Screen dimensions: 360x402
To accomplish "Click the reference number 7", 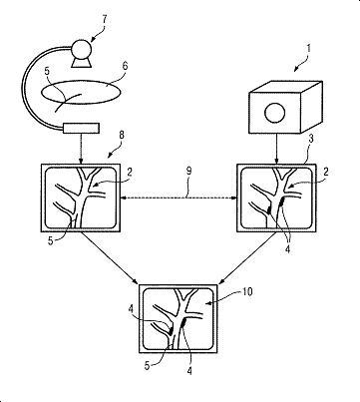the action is tap(104, 20).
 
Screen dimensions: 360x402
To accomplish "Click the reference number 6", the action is tap(125, 66).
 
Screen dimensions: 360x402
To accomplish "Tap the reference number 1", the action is tap(308, 49).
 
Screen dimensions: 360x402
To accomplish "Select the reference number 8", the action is tap(121, 135).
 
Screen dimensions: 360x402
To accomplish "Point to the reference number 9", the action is tap(188, 172).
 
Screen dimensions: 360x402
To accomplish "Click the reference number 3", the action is tap(311, 139).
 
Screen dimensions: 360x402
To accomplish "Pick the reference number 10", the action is tap(247, 291).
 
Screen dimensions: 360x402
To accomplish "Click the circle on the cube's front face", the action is tap(274, 113).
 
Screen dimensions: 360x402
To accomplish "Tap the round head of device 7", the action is tap(82, 50).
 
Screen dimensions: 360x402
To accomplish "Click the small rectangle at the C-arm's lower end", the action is tap(82, 129).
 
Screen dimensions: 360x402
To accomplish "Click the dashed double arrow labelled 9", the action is tap(179, 199).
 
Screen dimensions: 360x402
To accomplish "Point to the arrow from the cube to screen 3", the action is tap(276, 149).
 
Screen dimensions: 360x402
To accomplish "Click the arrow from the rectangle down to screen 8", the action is tap(81, 149).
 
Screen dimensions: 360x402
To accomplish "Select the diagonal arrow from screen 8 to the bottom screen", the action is tap(110, 258).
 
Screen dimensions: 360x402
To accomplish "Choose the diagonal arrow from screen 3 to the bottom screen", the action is tap(247, 258).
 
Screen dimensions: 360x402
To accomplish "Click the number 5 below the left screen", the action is tap(50, 240).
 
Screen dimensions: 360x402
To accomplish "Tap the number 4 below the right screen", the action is tap(287, 249).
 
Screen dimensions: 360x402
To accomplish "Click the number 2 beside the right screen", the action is tap(326, 172).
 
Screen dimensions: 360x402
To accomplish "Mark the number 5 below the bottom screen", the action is tap(148, 366).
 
